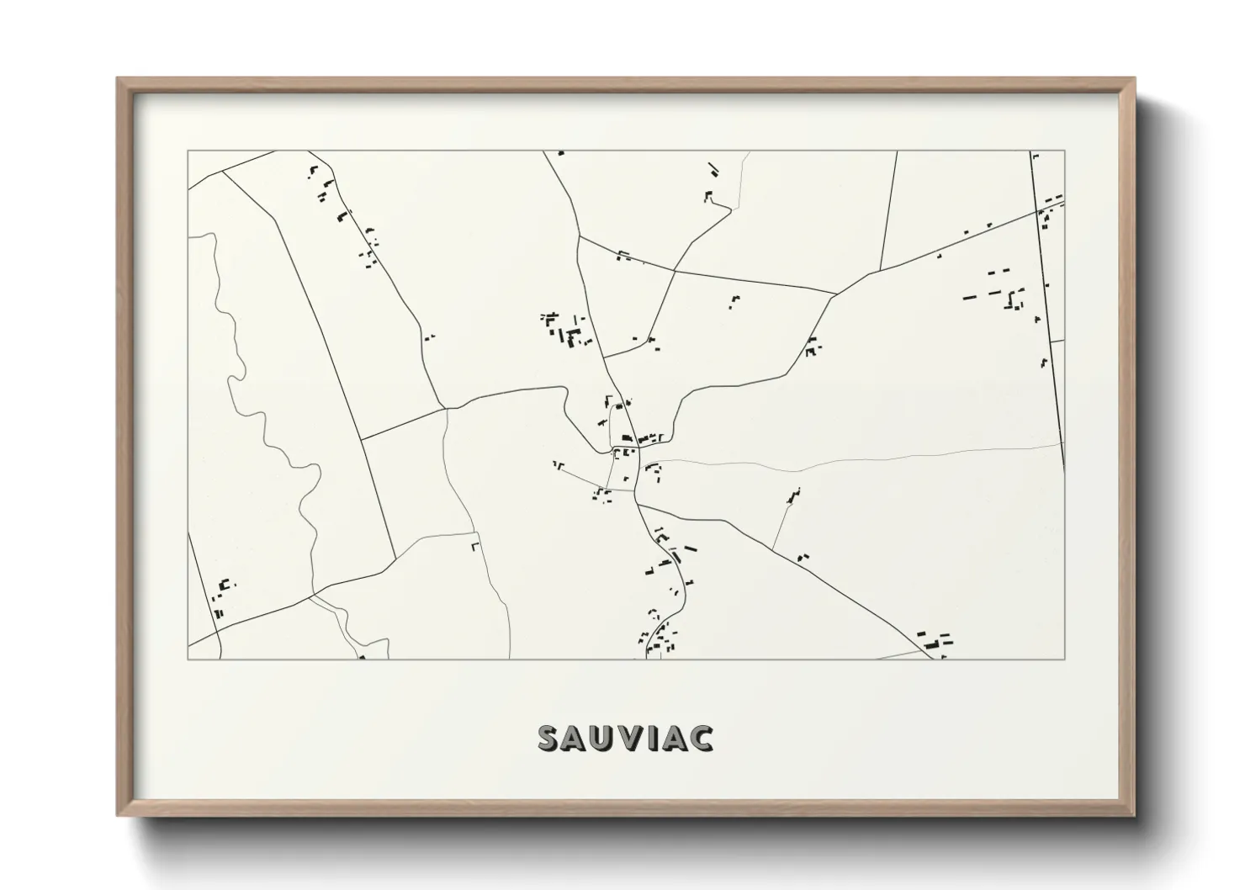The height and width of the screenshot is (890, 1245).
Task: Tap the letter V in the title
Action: (626, 738)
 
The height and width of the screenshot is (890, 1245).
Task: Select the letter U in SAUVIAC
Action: (601, 738)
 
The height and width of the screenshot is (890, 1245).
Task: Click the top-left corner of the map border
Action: (188, 151)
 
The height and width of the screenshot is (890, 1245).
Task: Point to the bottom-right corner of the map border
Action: (1064, 659)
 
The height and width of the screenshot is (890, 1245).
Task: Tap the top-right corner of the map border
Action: (1064, 151)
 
